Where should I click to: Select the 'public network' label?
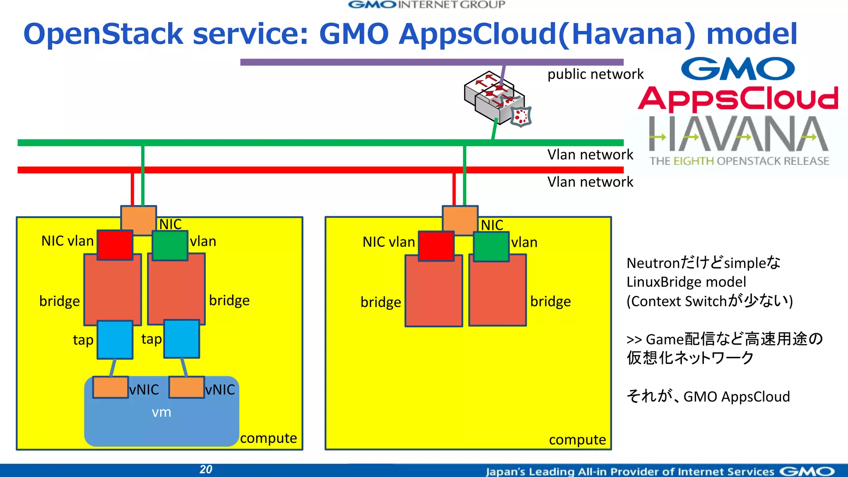(x=595, y=74)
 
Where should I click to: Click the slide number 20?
(x=206, y=469)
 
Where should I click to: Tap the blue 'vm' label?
(x=161, y=412)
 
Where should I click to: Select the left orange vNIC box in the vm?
(x=110, y=387)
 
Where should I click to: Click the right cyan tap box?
(x=181, y=339)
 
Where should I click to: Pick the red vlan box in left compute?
(x=115, y=245)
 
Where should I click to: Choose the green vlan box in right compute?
(x=491, y=247)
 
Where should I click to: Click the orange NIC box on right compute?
(x=460, y=219)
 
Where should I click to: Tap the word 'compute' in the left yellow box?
(x=268, y=438)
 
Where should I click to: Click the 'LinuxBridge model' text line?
(x=686, y=282)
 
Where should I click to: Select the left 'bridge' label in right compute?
(x=381, y=302)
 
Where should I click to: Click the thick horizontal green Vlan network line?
(x=290, y=143)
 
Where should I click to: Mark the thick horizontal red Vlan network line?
(x=290, y=170)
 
